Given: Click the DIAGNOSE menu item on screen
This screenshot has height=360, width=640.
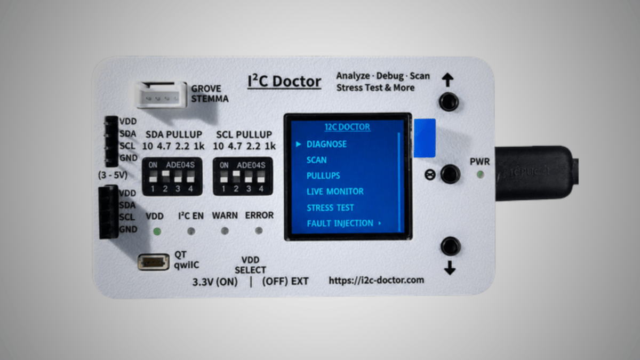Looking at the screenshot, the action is [326, 144].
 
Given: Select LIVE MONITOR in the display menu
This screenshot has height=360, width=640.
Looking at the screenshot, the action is [335, 191].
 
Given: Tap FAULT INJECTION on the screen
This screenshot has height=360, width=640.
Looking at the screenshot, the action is [340, 223].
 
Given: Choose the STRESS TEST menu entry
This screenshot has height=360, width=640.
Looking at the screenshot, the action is [330, 207].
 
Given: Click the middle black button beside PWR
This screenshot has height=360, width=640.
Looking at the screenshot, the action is [450, 174].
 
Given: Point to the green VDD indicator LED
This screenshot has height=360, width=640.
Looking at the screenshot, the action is [157, 231].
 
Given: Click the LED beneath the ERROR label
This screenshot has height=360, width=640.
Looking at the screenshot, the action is [259, 230].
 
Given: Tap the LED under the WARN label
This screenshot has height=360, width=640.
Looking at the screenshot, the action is [225, 231].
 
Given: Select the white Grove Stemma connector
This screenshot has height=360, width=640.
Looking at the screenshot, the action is [161, 95].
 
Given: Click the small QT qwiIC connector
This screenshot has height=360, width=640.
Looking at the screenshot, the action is [154, 262].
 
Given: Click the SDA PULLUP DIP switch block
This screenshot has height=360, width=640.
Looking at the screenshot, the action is [172, 177].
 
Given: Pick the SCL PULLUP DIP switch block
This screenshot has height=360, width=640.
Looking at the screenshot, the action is [243, 177].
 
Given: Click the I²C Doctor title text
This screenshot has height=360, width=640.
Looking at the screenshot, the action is [284, 82].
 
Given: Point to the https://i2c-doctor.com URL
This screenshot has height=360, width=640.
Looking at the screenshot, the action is [377, 281].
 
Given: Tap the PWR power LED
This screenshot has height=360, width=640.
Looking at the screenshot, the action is [481, 174].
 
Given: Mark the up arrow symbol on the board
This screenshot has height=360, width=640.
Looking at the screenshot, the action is [447, 80].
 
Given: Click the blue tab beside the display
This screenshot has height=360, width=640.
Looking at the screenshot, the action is [425, 138].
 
